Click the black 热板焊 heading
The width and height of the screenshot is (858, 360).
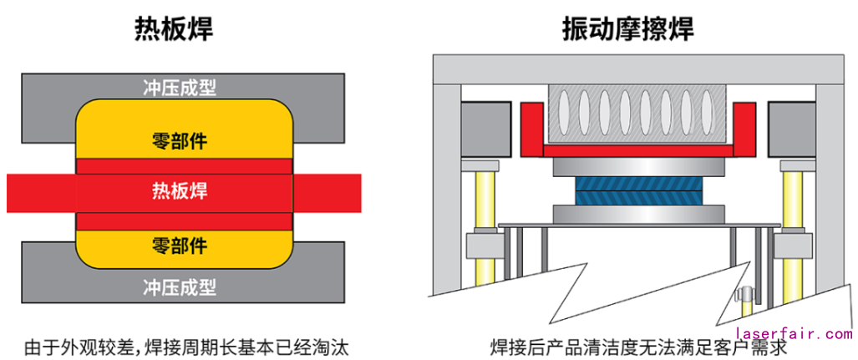174,29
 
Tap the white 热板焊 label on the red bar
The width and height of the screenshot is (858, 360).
180,191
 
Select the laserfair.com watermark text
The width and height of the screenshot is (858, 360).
794,334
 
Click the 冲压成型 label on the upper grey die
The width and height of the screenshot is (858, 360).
180,87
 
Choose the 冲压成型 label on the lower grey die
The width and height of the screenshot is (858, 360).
180,287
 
